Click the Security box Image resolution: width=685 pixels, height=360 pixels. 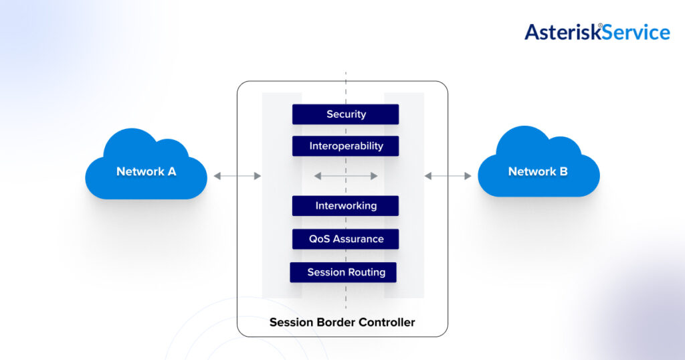[x=345, y=114]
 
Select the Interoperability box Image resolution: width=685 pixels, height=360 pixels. [x=345, y=146]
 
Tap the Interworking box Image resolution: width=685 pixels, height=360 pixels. [x=345, y=206]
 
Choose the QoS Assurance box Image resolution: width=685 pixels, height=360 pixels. [x=345, y=239]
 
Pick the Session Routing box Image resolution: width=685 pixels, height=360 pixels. [x=343, y=272]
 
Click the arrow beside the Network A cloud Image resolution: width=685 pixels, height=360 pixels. [x=237, y=176]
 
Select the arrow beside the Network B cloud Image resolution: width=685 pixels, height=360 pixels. [x=448, y=176]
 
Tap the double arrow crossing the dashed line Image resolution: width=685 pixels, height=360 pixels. [x=346, y=176]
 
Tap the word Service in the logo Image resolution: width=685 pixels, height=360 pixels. [x=636, y=32]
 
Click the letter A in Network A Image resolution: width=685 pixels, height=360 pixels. [x=171, y=171]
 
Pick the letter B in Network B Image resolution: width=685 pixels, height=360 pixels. [x=563, y=171]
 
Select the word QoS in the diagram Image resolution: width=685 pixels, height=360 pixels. [x=318, y=239]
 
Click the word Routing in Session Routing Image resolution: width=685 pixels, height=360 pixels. [x=366, y=272]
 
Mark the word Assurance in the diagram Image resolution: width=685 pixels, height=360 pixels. [x=359, y=239]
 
